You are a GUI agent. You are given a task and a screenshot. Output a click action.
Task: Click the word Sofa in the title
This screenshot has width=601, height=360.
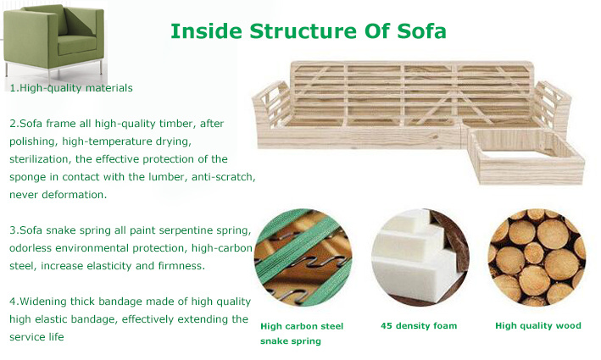click(421, 31)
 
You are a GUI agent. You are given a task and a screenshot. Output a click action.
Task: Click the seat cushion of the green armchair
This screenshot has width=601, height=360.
click(76, 45)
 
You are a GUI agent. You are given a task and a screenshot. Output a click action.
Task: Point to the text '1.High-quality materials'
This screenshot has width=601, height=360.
click(71, 88)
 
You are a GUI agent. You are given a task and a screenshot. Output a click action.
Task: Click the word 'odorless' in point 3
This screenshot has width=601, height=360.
click(31, 248)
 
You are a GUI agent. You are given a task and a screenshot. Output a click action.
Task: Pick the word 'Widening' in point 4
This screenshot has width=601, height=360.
click(43, 302)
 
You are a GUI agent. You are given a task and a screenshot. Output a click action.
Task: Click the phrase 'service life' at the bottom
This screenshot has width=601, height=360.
click(36, 337)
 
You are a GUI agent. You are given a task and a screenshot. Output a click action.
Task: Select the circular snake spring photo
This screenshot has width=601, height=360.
click(303, 258)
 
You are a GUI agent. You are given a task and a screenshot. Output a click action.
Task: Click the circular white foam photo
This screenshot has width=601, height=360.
click(420, 258)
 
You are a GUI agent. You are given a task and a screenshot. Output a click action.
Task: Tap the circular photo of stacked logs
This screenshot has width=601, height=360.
click(537, 258)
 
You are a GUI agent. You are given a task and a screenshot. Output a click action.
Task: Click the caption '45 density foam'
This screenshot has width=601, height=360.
click(419, 326)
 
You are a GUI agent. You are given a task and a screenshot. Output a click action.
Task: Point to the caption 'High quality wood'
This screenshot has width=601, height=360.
click(538, 326)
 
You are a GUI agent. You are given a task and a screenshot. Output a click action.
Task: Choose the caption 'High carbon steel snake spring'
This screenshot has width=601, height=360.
click(302, 334)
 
